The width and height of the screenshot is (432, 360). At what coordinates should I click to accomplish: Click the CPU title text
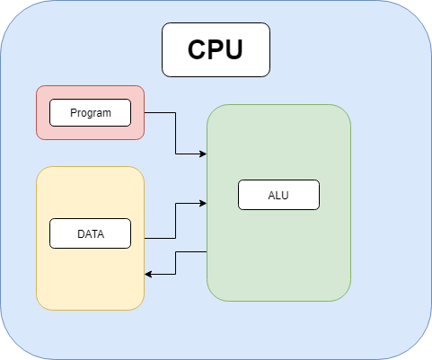coord(216,49)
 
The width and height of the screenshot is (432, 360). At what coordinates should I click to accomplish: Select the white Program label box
coord(90,112)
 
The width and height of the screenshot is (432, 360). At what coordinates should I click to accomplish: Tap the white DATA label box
coord(90,234)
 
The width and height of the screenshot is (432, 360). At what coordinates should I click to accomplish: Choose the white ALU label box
coord(278,195)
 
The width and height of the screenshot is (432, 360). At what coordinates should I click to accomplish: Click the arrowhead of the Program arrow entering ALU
coord(203,154)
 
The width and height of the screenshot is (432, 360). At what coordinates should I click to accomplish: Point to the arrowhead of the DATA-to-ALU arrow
coord(203,204)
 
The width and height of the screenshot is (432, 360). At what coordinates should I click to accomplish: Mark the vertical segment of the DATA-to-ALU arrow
coord(175,221)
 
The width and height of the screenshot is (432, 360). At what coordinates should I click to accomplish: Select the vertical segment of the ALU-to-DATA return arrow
coord(176,263)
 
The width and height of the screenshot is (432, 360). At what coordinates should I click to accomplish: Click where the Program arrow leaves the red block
coord(145,113)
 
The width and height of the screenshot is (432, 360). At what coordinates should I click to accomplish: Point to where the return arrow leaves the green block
coord(206,252)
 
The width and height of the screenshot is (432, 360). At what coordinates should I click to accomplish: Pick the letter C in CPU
coord(198,49)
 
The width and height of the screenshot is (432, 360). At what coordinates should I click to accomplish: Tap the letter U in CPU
coord(233,49)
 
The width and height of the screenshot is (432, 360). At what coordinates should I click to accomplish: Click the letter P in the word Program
coord(72,113)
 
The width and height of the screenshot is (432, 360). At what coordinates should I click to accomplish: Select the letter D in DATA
coord(81,235)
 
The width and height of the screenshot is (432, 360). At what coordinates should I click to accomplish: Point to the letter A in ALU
coord(271,195)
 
